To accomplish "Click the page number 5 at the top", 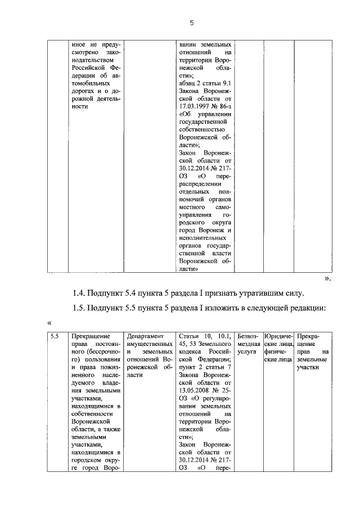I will pos(191,23).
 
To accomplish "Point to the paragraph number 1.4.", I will pos(79,293).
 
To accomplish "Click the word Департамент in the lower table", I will pos(145,336).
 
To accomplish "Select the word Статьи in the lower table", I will pos(189,336).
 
